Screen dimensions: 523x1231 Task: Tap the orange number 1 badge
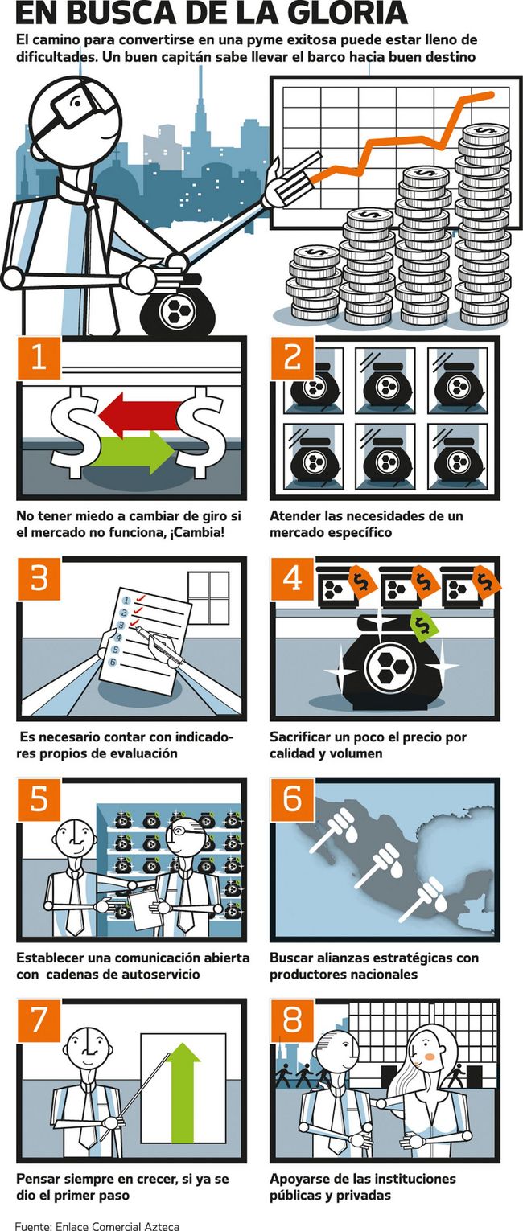pos(39,358)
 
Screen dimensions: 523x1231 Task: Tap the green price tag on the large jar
pos(423,626)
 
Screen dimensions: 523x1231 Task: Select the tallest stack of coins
pos(484,225)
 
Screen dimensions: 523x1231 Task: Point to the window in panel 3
pos(208,597)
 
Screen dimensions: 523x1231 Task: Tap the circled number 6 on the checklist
pos(113,661)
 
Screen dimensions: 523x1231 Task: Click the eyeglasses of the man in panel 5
pos(186,831)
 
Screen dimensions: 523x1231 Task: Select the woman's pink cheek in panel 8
pos(430,1057)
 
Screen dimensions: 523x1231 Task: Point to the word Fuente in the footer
pos(32,1225)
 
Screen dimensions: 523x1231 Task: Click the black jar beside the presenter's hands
pos(176,309)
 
